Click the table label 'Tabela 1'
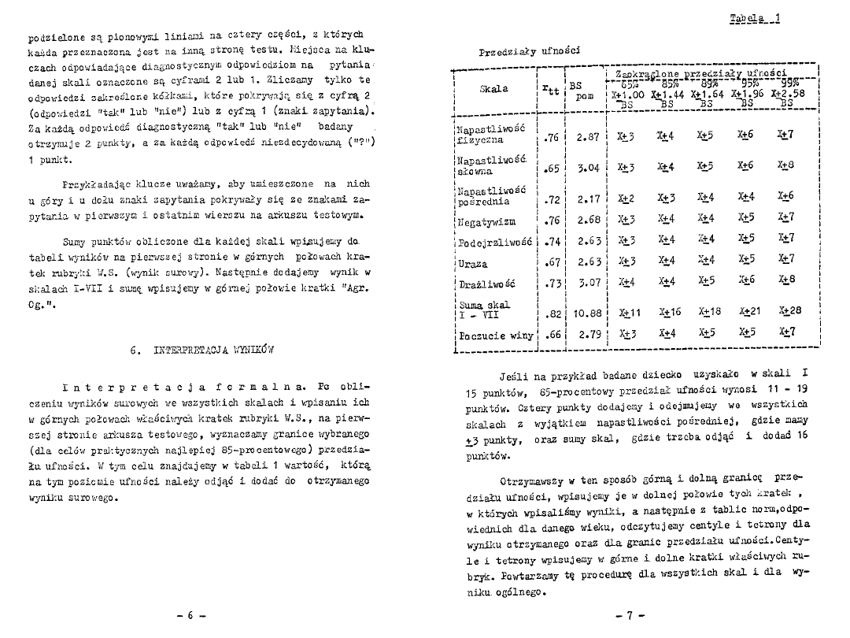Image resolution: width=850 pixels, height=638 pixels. coord(755,18)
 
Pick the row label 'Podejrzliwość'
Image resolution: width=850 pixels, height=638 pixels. coord(495,238)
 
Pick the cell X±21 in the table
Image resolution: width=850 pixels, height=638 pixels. coord(748,311)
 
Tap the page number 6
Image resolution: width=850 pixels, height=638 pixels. coord(190,616)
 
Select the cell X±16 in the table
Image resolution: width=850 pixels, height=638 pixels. coord(669,311)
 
